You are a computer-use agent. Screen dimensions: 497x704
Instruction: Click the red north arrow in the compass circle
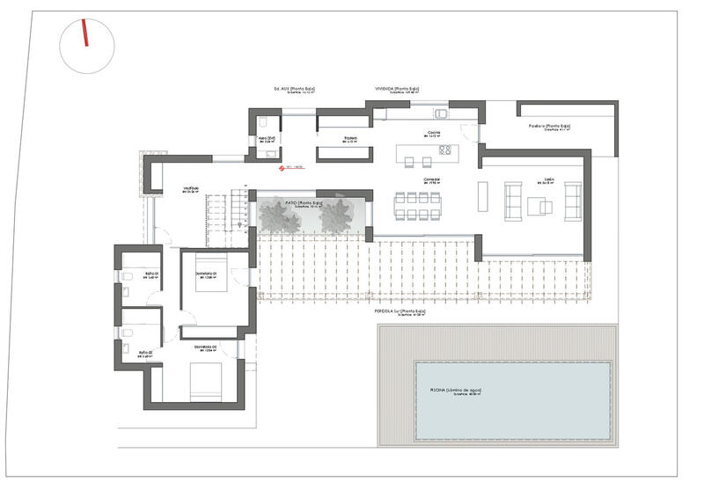[x=85, y=34]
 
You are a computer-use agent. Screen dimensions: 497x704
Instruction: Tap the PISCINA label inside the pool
[x=456, y=391]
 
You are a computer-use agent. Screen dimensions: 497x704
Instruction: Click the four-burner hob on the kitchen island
[x=445, y=150]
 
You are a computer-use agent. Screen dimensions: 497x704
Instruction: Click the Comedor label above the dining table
[x=431, y=180]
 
